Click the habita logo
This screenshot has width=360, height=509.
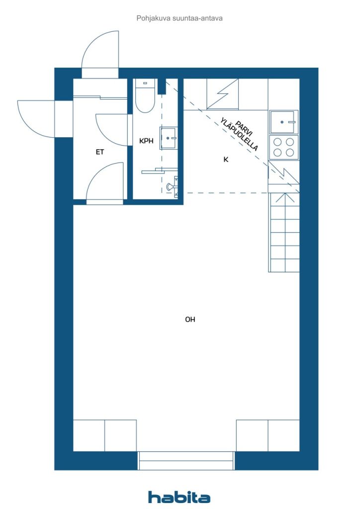tap(179, 497)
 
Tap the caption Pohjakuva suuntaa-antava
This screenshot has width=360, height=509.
tap(180, 18)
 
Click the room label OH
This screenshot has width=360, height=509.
tap(190, 320)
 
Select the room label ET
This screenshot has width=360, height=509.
tap(99, 152)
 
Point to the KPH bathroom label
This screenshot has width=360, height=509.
tap(146, 141)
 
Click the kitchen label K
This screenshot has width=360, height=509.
tap(226, 160)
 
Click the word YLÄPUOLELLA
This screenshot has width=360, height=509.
tap(239, 134)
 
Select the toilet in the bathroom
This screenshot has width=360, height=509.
tap(145, 96)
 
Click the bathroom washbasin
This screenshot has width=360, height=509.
tap(168, 138)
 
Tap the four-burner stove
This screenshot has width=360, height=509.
tap(284, 147)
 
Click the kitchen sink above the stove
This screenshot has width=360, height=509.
tap(284, 122)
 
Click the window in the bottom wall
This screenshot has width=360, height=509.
tap(186, 461)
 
